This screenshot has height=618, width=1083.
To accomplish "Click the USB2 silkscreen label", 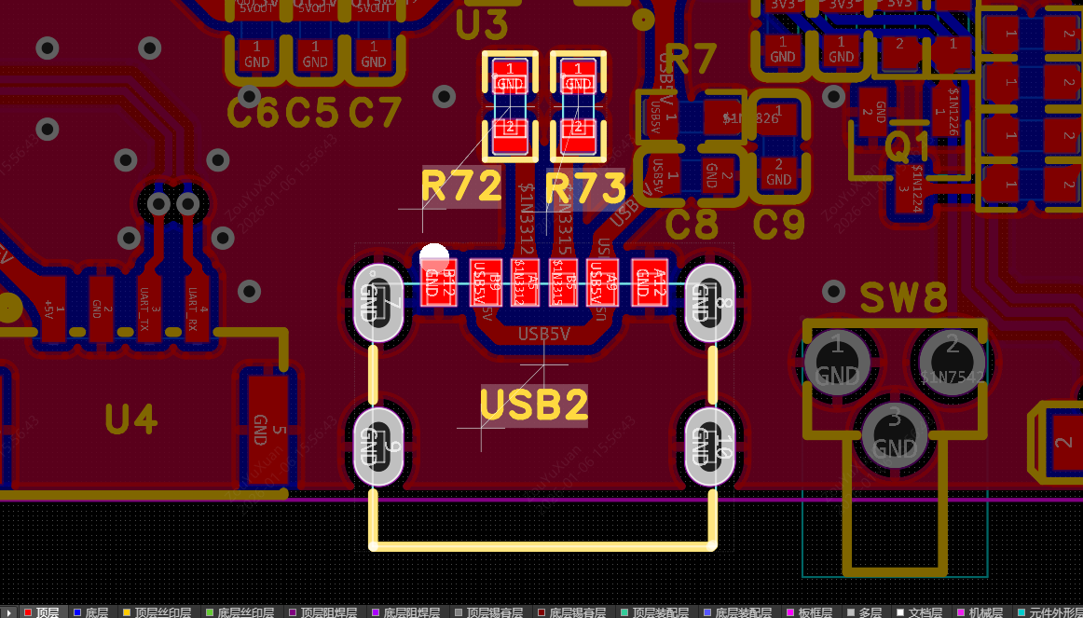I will pos(534,405).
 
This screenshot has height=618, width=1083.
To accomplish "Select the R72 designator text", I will pos(461,186).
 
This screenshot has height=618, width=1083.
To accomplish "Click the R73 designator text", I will pos(585,188).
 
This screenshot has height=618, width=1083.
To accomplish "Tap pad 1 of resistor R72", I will pos(510,76).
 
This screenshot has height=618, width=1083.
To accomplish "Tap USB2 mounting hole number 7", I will pos(377,304).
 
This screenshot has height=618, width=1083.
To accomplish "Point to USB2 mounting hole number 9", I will pos(377,446).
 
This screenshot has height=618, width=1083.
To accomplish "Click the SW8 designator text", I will pos(903,299).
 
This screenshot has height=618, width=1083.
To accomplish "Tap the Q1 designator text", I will pos(908,146).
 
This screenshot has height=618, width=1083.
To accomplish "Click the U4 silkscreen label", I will pos(130,420).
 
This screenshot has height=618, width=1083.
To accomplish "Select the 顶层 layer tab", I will pos(41,611).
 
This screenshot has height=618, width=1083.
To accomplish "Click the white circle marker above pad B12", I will pos(434,257).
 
